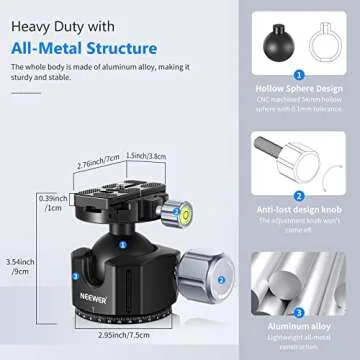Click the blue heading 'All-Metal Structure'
point(86,47)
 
